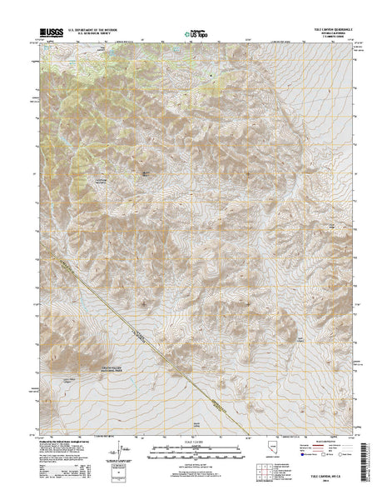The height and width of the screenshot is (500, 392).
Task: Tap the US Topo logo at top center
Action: coord(196,35)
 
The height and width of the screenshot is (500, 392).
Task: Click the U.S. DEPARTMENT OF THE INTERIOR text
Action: coord(94,31)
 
